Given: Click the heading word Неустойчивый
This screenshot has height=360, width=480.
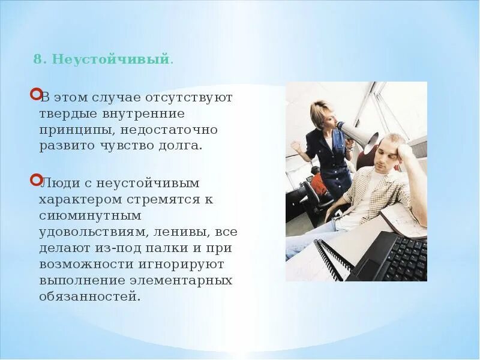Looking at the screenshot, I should coord(112,60).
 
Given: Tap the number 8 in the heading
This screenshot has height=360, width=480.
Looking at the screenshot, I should coord(38,60).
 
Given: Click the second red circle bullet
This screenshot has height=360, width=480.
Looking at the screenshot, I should coord(35,179).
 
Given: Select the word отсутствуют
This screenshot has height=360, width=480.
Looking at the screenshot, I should coord(197,97).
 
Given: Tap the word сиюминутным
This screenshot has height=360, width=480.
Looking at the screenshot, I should coord(90,215).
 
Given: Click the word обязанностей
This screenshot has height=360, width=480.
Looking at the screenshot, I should coord(89,296).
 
